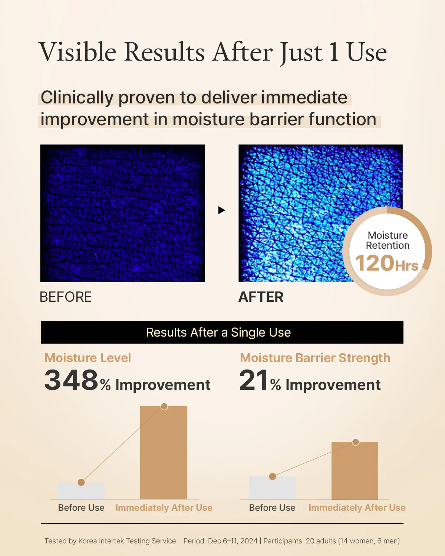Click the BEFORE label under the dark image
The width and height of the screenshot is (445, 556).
66,297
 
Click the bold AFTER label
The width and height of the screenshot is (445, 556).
261,297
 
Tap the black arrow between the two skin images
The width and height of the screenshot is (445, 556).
222,210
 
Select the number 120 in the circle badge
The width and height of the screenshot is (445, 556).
375,263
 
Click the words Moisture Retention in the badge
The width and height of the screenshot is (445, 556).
388,240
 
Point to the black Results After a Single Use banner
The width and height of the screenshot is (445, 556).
222,332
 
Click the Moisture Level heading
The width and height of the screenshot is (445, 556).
88,358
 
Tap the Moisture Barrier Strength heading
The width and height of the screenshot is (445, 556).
315,358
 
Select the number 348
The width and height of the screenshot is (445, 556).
71,380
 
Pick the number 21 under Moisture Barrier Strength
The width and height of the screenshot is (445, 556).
254,380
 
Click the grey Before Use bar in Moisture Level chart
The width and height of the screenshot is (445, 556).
81,491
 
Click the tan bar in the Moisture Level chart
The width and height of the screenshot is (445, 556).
164,453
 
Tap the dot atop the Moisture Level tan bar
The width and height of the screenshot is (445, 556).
164,406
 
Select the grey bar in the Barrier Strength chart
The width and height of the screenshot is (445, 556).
273,488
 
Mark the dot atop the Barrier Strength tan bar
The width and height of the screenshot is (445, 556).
356,442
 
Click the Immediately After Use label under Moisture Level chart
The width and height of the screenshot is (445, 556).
164,508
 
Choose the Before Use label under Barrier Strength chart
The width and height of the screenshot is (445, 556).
272,508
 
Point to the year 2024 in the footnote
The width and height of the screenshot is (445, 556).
249,541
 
